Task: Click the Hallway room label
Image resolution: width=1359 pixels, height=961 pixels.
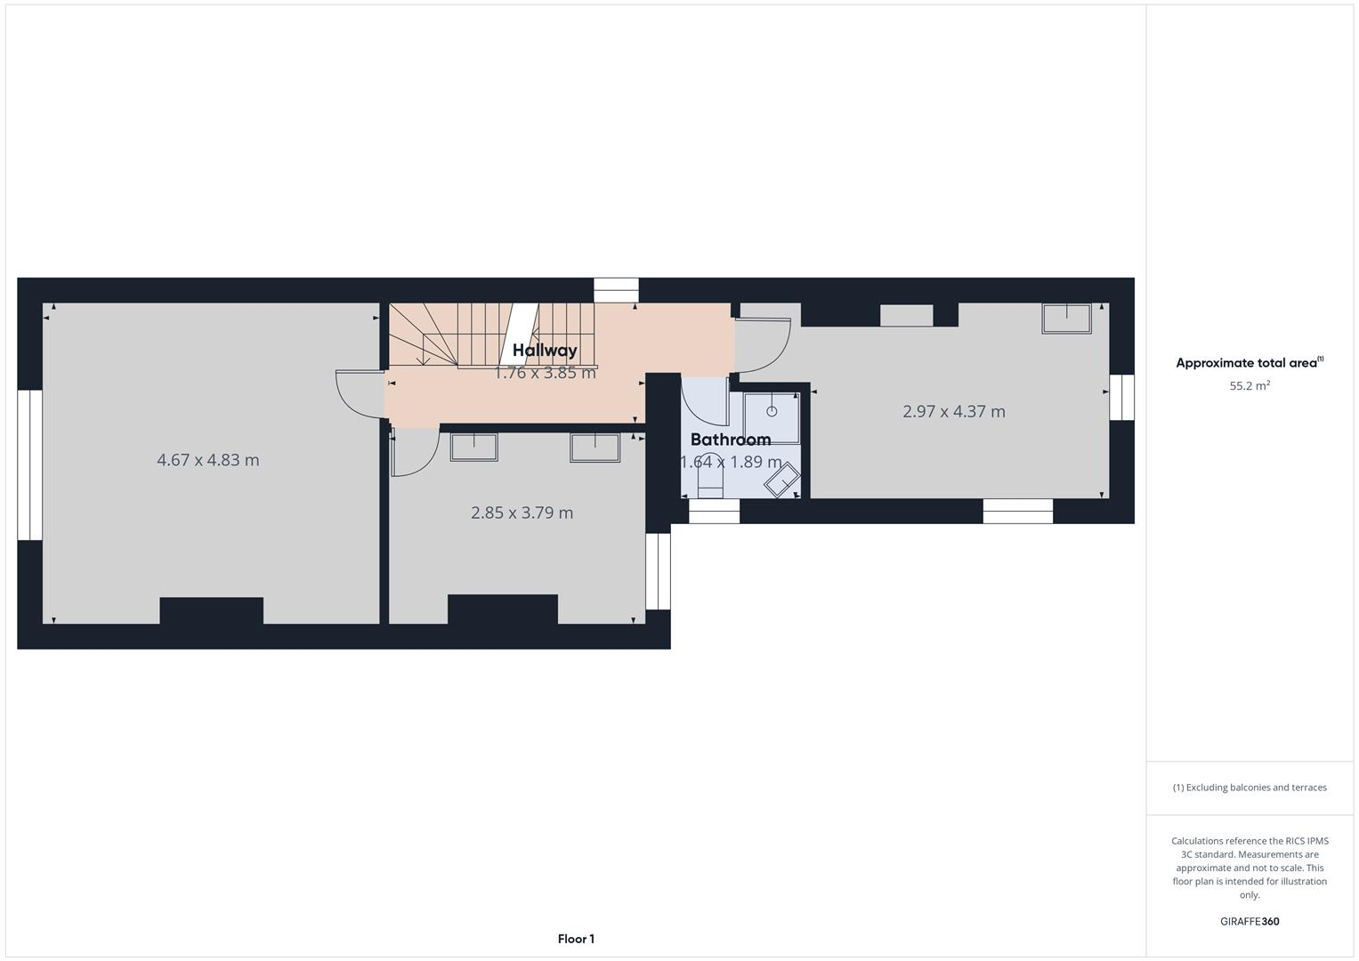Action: [x=545, y=351]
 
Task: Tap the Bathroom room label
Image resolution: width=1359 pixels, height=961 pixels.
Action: [x=730, y=440]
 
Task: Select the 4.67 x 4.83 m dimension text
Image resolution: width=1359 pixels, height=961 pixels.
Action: [x=208, y=460]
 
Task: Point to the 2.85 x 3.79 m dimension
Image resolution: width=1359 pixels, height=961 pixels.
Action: [x=522, y=513]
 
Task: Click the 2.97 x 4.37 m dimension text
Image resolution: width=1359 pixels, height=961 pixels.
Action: [x=953, y=411]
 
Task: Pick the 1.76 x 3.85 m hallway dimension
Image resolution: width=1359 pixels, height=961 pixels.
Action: [x=545, y=373]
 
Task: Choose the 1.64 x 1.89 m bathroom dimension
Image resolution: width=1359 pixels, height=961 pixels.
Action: [x=731, y=463]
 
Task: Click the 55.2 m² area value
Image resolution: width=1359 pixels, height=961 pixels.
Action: [x=1250, y=386]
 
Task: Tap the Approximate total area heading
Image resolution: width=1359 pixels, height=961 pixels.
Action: [x=1249, y=363]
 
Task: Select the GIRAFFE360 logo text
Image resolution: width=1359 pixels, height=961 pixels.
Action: [x=1250, y=922]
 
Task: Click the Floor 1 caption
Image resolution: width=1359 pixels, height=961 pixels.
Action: [x=576, y=939]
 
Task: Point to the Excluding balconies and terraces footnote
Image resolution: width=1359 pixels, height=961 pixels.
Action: [x=1250, y=787]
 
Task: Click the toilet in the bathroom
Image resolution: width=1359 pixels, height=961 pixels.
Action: [x=710, y=481]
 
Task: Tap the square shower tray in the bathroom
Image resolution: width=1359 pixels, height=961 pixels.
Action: [x=772, y=414]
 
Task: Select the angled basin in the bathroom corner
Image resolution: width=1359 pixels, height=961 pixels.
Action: [x=781, y=481]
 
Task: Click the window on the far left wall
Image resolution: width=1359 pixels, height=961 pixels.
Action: [x=29, y=464]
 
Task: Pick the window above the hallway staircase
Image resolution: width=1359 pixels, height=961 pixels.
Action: [x=616, y=291]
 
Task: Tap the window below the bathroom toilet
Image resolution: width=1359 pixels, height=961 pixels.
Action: [x=714, y=512]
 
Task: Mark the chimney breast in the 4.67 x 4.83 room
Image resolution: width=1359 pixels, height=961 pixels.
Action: [x=211, y=610]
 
